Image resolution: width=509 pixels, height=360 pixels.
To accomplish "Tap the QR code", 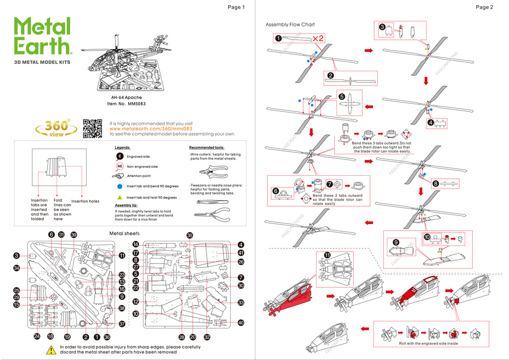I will coord(93,128).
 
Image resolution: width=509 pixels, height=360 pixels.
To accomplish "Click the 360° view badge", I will coord(56,128).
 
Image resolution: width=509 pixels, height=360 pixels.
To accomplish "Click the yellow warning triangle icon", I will coord(51,350).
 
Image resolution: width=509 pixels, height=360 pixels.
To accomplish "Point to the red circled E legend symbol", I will coord(120,156).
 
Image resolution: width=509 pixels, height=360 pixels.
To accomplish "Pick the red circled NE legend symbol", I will coord(120,166).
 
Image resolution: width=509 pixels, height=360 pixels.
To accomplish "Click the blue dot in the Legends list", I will coord(120,187).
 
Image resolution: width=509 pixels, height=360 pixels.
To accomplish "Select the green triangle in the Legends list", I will coord(120,197).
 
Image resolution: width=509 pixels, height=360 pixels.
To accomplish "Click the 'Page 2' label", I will coord(484,7).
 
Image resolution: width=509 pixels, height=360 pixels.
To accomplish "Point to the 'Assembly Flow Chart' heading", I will coord(290,24).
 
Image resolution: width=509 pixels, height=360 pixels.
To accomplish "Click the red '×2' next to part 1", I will coord(319,38).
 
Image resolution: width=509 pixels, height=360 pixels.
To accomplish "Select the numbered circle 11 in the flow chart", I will coord(327,255).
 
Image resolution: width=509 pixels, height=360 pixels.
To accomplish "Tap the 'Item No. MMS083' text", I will coord(126,103).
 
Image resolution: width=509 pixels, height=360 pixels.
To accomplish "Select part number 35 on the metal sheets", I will coord(190,235).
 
